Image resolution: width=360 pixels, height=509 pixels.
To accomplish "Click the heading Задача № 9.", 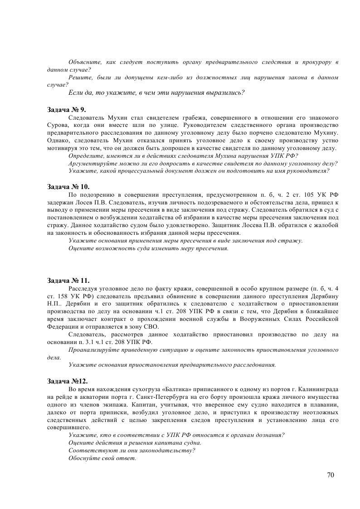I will (x=66, y=110).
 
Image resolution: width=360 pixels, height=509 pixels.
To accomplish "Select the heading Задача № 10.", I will (x=68, y=187).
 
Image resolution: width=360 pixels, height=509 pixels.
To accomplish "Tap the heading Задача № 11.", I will (x=68, y=281).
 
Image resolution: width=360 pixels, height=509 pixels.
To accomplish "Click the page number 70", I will (x=330, y=475).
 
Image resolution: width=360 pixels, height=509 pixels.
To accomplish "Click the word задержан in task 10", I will (x=59, y=202).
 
